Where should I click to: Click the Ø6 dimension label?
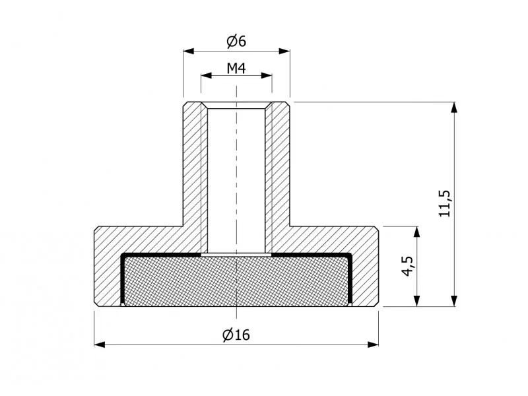236,41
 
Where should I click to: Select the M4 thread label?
236,68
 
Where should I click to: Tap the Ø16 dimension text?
236,335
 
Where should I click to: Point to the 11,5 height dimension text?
444,203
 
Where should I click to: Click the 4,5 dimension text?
408,266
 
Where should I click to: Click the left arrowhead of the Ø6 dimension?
189,51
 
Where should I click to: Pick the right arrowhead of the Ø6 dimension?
284,51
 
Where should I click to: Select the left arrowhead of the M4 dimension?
207,75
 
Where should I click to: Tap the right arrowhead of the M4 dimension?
267,75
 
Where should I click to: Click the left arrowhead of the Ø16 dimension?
100,345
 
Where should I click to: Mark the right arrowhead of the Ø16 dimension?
373,345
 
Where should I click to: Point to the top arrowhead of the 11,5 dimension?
454,107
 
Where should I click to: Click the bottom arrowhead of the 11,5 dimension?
454,301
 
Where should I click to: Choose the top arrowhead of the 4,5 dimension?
417,232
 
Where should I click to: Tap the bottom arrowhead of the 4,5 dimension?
417,301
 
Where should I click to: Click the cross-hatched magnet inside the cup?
236,282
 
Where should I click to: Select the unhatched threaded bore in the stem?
236,180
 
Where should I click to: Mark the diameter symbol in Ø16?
228,335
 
